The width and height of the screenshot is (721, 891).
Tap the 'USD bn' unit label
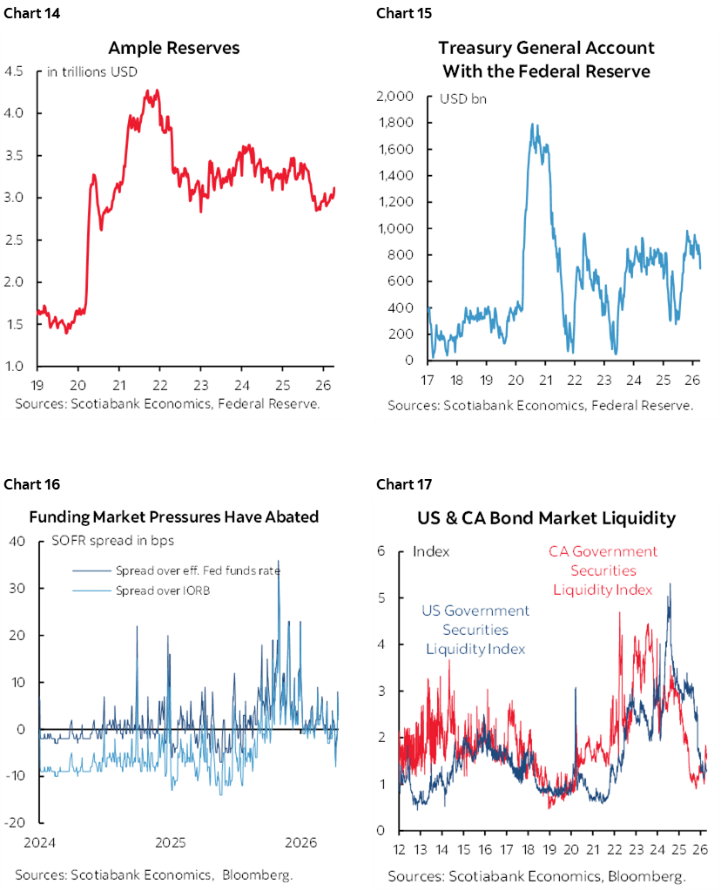[x=463, y=98]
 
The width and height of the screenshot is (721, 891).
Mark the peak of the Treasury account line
[x=532, y=125]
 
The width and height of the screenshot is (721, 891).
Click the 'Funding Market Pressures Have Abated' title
[x=174, y=516]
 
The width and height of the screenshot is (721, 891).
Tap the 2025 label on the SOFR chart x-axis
[x=171, y=843]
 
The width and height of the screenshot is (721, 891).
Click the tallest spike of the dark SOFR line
[x=279, y=562]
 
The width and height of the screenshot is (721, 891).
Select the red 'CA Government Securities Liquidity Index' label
[x=603, y=570]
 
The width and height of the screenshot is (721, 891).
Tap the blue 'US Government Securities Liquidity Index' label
[x=475, y=630]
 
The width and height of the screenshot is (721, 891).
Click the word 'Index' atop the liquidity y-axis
[x=431, y=551]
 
